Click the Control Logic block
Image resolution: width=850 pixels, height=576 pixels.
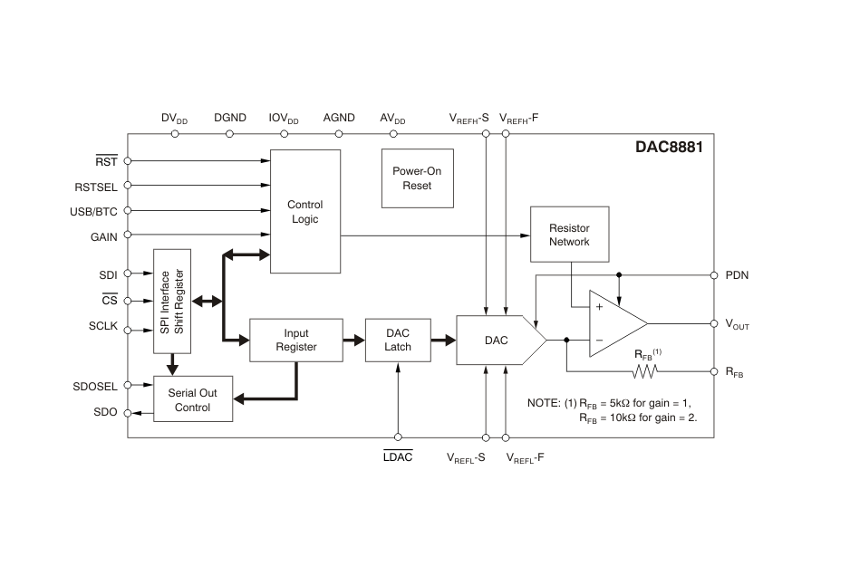tap(305, 211)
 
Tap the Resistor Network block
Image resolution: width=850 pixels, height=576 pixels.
tap(569, 235)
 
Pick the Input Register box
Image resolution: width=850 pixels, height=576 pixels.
tap(296, 340)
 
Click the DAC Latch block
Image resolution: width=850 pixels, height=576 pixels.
tap(398, 340)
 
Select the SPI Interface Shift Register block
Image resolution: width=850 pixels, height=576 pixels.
tap(171, 301)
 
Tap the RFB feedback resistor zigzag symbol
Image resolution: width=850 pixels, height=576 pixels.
tap(643, 371)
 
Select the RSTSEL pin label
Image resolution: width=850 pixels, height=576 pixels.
tap(94, 187)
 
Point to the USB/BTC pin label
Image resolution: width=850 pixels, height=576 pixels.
tap(92, 212)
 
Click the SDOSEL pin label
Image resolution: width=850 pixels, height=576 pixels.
tap(95, 386)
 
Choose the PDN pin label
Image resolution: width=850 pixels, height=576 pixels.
tap(737, 274)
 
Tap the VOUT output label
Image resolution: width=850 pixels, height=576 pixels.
tap(738, 324)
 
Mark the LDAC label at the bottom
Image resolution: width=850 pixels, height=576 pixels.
tap(398, 457)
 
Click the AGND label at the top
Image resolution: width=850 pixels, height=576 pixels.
tap(339, 118)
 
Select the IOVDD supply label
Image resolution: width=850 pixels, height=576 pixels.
tap(284, 119)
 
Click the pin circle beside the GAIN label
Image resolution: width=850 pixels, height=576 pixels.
tap(128, 236)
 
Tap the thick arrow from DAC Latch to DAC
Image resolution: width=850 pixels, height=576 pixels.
tap(443, 341)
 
